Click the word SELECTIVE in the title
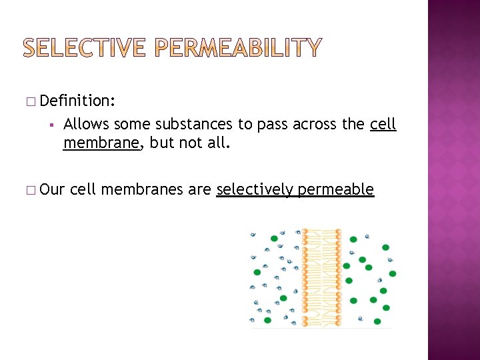86,47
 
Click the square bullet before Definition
31,101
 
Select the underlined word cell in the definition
383,124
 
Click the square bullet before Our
31,191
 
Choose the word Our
52,190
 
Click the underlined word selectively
255,190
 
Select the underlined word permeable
335,190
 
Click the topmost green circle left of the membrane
273,238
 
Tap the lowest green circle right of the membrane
378,321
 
